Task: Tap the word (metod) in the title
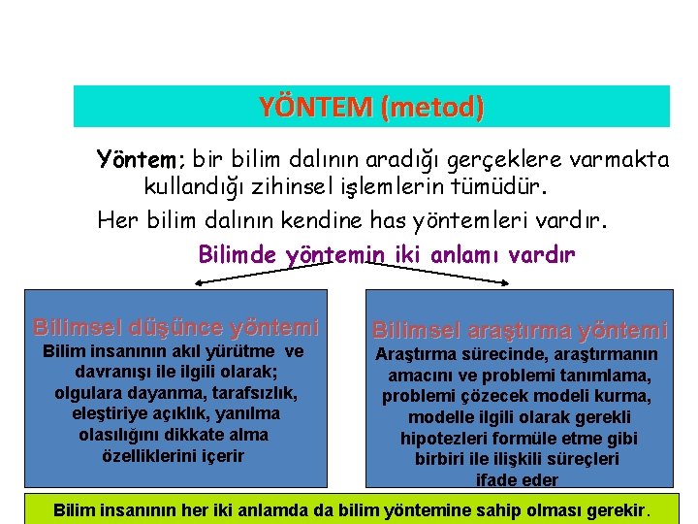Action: click(432, 107)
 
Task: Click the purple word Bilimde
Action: click(238, 254)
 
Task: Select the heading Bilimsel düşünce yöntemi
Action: click(175, 327)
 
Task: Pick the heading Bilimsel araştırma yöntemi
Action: click(521, 331)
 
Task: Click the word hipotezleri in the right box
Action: click(442, 439)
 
